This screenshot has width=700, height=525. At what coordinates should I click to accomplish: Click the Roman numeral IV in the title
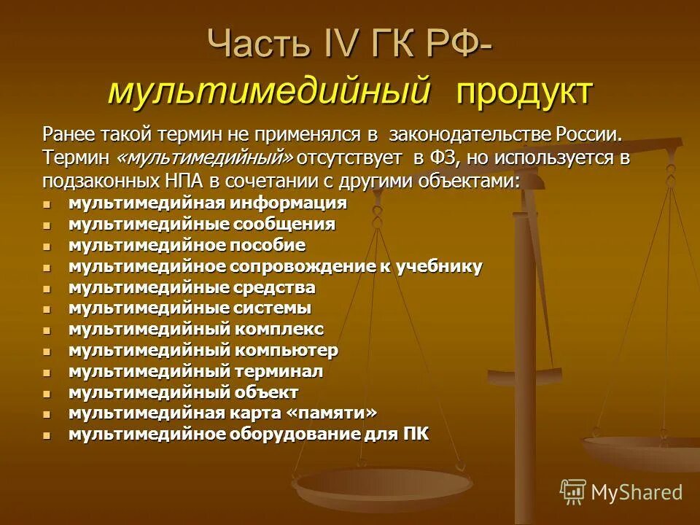(338, 45)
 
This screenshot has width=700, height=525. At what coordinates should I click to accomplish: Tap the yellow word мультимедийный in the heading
(268, 92)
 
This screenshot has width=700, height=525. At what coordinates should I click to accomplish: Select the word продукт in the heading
(524, 92)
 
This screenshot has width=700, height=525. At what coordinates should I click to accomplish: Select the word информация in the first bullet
(291, 203)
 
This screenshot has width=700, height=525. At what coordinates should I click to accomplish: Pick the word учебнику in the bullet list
(440, 266)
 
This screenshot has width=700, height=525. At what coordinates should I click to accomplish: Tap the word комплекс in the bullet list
(279, 329)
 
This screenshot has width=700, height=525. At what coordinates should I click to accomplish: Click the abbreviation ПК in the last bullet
(415, 434)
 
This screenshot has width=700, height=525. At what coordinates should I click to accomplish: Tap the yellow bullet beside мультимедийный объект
(47, 393)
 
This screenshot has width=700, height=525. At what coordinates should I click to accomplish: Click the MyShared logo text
(637, 492)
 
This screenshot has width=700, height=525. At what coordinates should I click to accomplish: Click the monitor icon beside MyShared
(573, 491)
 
